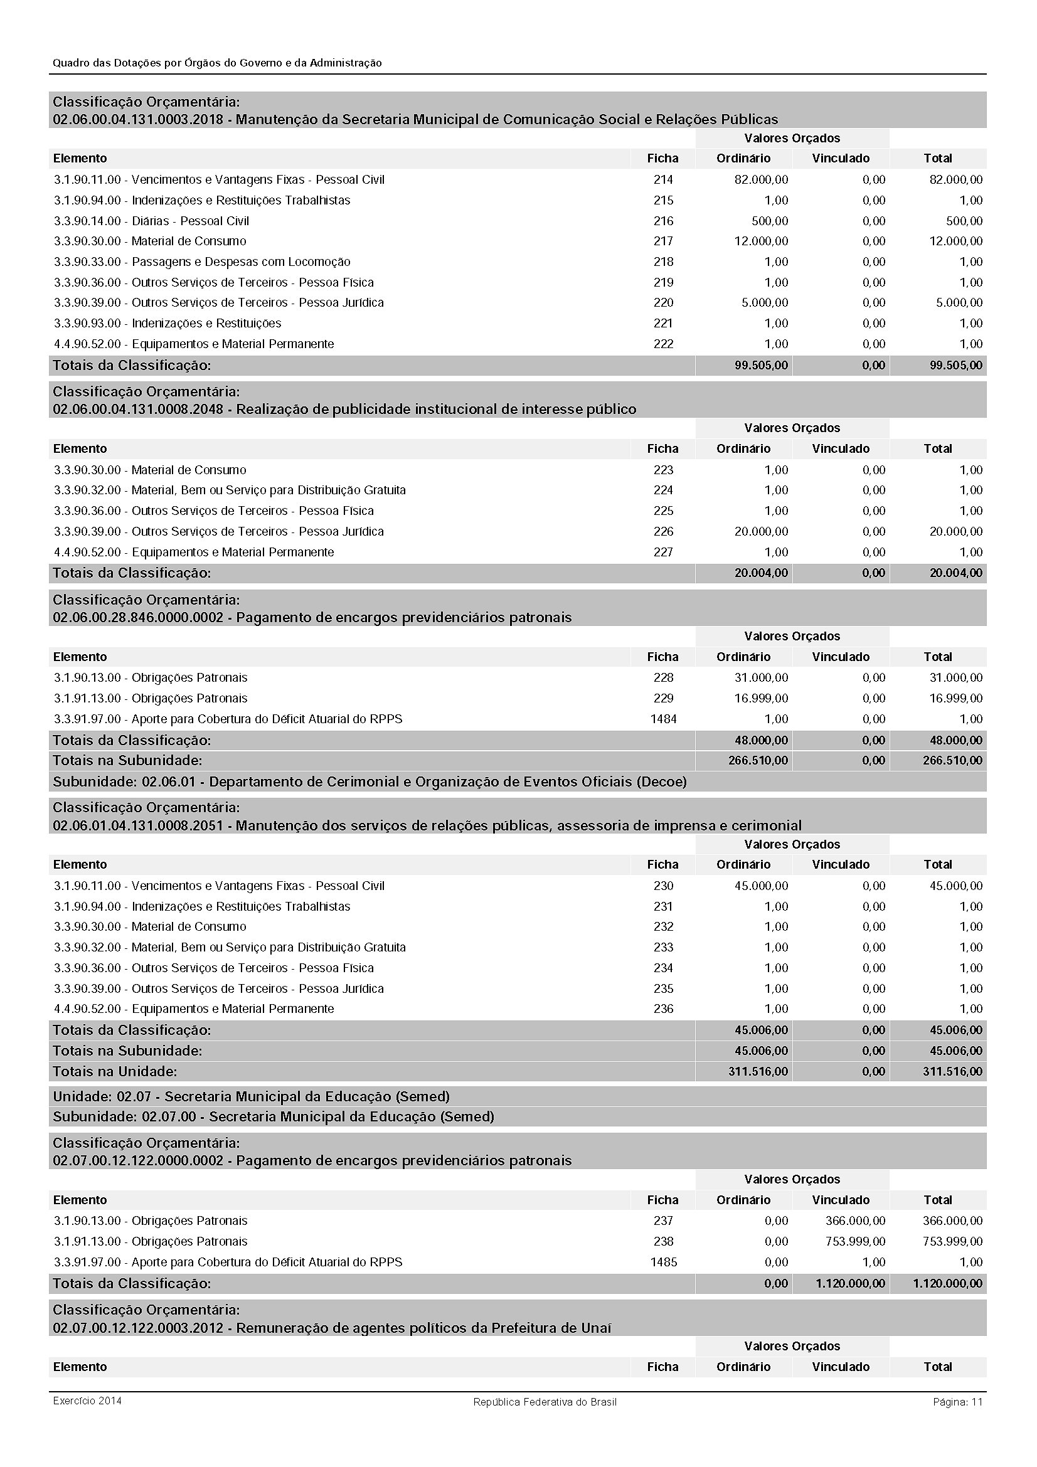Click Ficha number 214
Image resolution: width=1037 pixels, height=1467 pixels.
tap(662, 179)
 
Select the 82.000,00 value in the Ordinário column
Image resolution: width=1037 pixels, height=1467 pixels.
tap(761, 179)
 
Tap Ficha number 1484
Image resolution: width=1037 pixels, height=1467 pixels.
tap(662, 719)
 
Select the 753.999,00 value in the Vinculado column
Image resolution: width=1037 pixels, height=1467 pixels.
tap(855, 1241)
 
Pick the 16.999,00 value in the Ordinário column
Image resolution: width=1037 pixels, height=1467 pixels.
tap(761, 698)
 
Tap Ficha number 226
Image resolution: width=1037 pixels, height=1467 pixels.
tap(662, 532)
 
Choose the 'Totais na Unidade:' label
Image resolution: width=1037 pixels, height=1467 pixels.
tap(115, 1071)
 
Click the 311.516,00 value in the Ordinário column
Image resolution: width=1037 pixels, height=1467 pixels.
tap(758, 1071)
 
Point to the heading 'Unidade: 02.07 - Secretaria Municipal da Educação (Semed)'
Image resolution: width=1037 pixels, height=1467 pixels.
tap(251, 1096)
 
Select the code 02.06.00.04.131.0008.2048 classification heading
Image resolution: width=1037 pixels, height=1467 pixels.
tap(344, 409)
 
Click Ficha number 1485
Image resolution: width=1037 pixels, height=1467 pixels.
tap(662, 1262)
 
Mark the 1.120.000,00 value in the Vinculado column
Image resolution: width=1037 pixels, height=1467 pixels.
tap(850, 1283)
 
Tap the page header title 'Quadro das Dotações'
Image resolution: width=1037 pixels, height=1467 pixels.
tap(217, 63)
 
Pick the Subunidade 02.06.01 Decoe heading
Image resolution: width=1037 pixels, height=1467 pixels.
tap(370, 781)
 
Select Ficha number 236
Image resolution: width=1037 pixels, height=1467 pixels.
tap(662, 1009)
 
